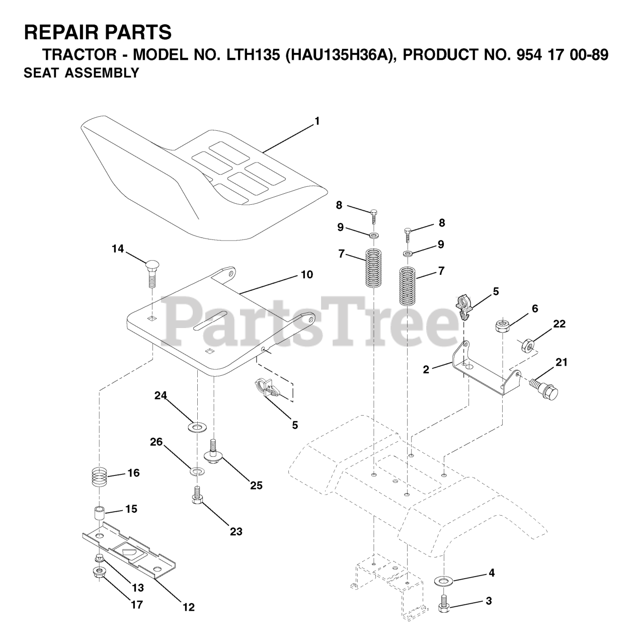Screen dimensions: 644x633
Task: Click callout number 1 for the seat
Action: (x=316, y=121)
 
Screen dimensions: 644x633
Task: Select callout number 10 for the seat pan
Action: (x=307, y=275)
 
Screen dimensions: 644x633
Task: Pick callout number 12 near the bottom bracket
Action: (x=188, y=607)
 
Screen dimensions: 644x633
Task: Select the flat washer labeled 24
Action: (x=195, y=428)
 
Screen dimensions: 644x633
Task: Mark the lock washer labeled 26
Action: (x=195, y=470)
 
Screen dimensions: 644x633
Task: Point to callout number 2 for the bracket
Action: (x=426, y=370)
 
